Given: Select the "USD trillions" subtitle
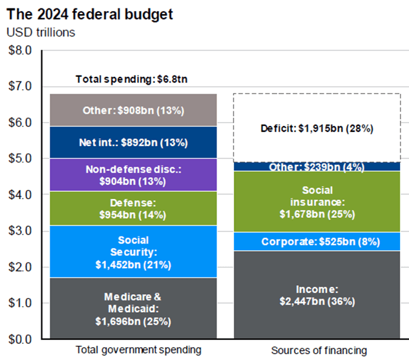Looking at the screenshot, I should coord(41,32).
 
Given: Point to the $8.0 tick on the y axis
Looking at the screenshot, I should coord(19,50).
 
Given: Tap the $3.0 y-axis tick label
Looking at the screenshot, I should coord(19,231).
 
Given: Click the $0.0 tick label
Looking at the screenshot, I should coord(19,339).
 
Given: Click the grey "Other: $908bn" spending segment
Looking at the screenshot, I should coord(134,111).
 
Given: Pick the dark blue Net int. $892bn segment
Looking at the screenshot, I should coord(134,142).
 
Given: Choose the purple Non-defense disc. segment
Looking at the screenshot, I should coord(134,175).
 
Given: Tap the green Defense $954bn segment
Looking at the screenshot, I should coord(134,207).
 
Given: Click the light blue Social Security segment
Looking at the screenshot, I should coord(134,251).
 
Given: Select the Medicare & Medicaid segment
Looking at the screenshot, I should coord(134,308).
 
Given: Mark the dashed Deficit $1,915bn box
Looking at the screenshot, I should coord(316,128).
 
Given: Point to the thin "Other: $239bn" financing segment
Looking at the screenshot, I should coord(316,167).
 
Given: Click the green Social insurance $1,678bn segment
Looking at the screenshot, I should coord(316,201).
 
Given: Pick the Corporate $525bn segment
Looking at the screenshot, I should coord(316,242).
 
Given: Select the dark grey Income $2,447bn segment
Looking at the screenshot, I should coord(316,295).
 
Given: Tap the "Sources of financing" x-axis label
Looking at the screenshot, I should coord(316,350).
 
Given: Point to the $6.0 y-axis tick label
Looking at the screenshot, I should coord(19,122).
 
